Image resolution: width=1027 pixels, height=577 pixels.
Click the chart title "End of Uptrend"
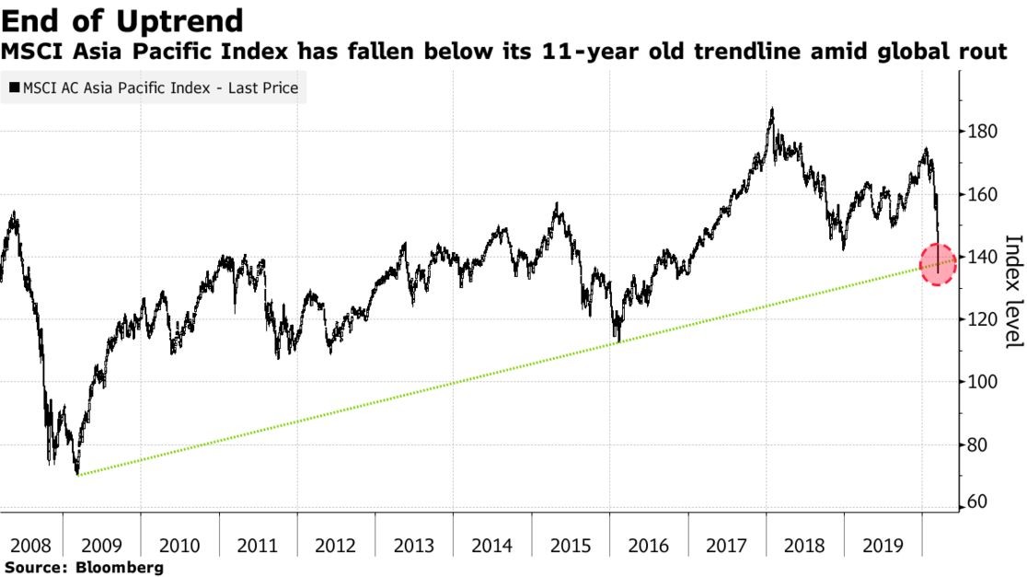[122, 20]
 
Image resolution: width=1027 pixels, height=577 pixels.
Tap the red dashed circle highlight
[938, 264]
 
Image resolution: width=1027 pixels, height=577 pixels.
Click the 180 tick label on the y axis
[982, 132]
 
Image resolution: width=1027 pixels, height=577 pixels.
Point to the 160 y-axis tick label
[982, 194]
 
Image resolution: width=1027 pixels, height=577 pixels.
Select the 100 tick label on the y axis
[982, 382]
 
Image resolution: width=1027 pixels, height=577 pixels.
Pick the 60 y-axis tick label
[978, 502]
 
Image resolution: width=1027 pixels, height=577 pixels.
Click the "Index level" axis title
[1011, 291]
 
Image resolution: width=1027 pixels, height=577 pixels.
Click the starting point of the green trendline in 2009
[78, 475]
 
